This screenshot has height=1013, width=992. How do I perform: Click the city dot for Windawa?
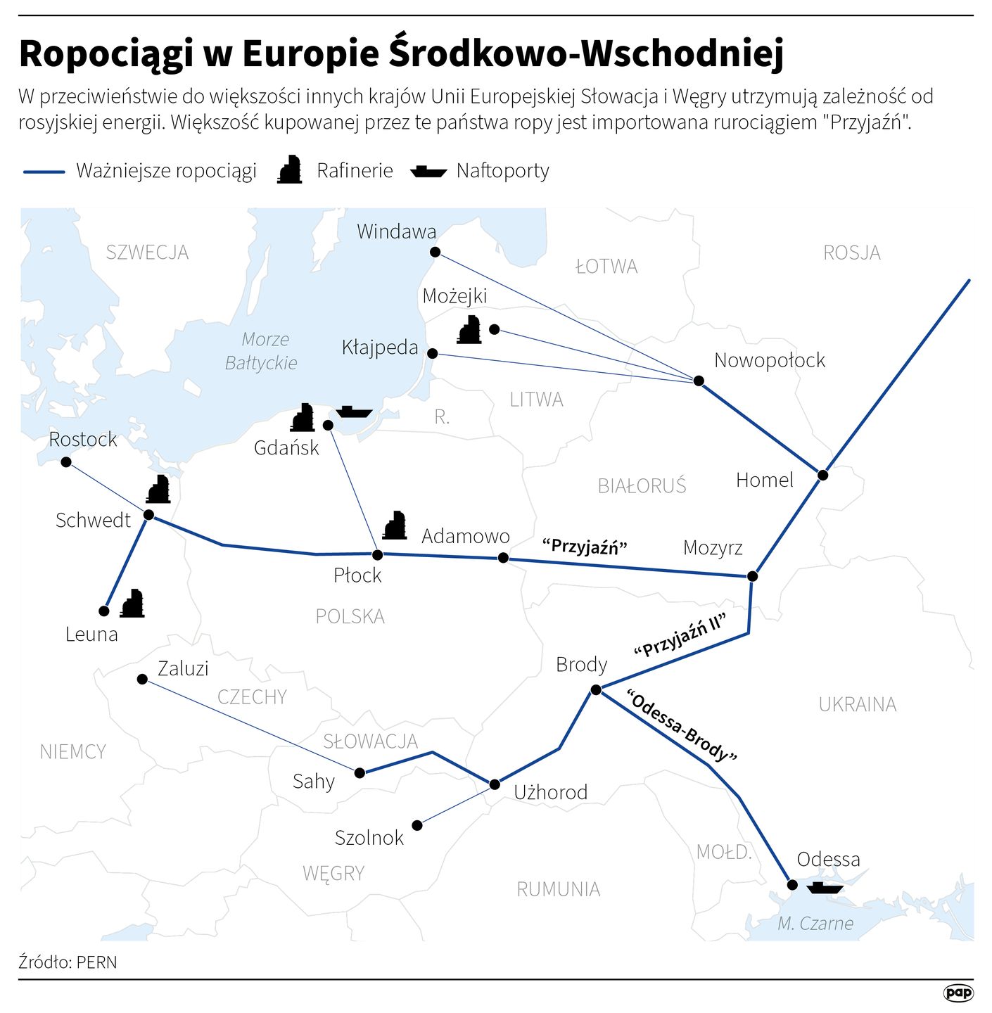click(x=435, y=252)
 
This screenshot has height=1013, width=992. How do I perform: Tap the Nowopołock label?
click(x=769, y=360)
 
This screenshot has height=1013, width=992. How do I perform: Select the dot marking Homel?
click(x=822, y=475)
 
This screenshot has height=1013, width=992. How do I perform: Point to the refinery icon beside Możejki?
click(x=469, y=329)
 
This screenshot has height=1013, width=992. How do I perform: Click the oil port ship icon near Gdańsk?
click(x=354, y=412)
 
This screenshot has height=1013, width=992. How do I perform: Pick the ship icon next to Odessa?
click(x=825, y=888)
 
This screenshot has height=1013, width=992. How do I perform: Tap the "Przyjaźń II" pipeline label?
click(x=680, y=635)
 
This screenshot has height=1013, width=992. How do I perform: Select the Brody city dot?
click(x=596, y=690)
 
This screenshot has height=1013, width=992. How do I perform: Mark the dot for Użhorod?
click(x=495, y=784)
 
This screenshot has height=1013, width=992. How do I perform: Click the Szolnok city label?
click(x=369, y=838)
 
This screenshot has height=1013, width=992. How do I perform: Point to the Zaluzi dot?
click(x=142, y=679)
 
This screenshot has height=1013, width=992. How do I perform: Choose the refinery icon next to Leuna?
click(x=132, y=604)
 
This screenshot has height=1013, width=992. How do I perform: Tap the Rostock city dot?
click(x=66, y=462)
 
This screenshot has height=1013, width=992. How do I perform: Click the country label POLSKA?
click(x=350, y=617)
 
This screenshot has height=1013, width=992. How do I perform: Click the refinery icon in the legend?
click(x=289, y=170)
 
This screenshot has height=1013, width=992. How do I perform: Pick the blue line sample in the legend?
click(x=44, y=171)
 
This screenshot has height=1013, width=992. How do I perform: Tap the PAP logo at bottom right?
click(x=958, y=993)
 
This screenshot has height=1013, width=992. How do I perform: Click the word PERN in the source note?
click(x=97, y=962)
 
